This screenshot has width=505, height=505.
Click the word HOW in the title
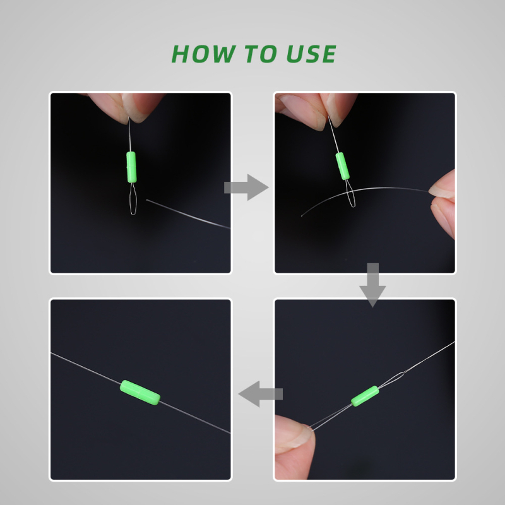point(203,54)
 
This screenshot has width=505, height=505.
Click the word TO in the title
point(261,54)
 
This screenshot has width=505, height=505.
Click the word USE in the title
point(311,54)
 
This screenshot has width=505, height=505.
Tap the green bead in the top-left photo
point(131,167)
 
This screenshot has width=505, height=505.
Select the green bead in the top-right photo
point(342,166)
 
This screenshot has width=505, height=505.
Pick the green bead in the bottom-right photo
point(365,396)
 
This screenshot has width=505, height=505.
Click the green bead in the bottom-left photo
point(140,392)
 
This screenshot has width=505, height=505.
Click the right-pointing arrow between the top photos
point(246,187)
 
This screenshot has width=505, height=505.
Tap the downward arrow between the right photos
point(372,285)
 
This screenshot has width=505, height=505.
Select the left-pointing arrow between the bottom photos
point(260,394)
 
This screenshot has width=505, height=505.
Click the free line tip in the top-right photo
point(302,216)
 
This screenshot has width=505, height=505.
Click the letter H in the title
point(181,54)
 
